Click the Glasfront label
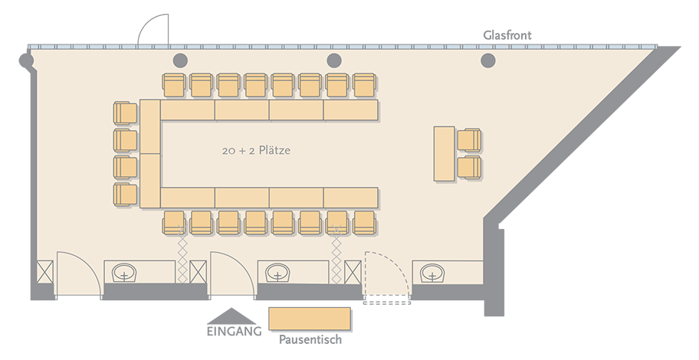coord(507,35)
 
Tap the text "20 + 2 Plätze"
coord(256,150)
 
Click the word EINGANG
coord(234,332)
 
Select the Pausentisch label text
coord(310,339)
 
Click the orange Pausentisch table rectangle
coord(310,319)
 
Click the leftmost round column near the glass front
coord(179,61)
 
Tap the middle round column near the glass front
coord(334,61)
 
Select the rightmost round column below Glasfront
coord(488,61)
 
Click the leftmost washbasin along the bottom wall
coord(124,273)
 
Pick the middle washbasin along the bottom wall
coord(278,273)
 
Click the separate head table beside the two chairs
coord(445,154)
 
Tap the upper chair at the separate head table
coord(469,140)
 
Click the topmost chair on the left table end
coord(125,113)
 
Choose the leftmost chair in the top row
coord(174,85)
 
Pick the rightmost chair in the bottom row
coord(365,222)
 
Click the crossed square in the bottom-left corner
coord(44,272)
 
